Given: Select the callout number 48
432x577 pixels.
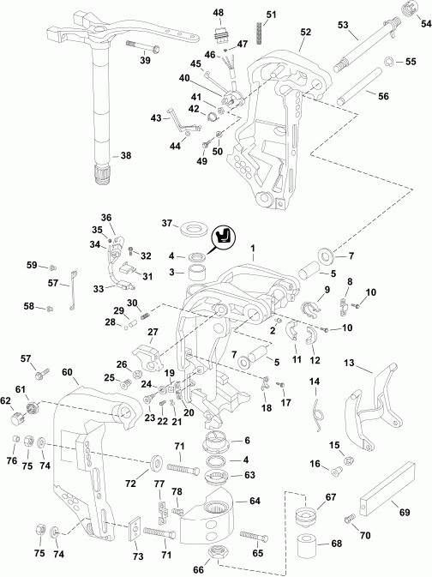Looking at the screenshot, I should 219,12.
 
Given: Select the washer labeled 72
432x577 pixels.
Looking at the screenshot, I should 157,464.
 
